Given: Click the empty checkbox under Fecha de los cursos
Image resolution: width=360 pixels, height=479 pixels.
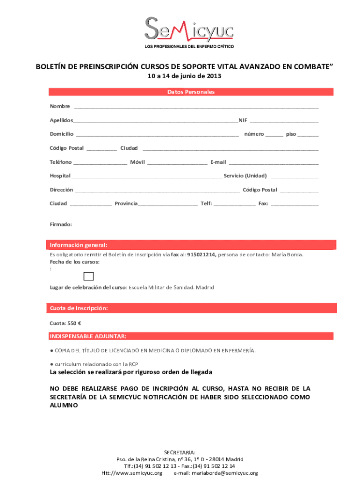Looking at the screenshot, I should click(x=89, y=276).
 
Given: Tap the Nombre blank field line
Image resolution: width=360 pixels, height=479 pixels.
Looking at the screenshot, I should click(x=196, y=108).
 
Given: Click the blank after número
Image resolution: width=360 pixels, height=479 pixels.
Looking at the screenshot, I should click(x=274, y=135).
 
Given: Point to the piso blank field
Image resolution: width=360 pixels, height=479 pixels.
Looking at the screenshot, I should click(x=308, y=135).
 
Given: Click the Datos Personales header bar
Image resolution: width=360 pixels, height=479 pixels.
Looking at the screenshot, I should click(x=191, y=92).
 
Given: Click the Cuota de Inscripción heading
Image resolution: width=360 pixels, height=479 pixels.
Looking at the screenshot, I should click(x=79, y=308).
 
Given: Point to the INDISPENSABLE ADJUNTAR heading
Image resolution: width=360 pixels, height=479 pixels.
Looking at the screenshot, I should click(x=87, y=336).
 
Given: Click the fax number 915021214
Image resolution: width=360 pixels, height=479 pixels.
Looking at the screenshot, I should click(x=201, y=255).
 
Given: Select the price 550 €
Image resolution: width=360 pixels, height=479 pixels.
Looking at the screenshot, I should click(x=74, y=323).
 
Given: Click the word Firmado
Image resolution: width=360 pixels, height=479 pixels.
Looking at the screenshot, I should click(x=61, y=225).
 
